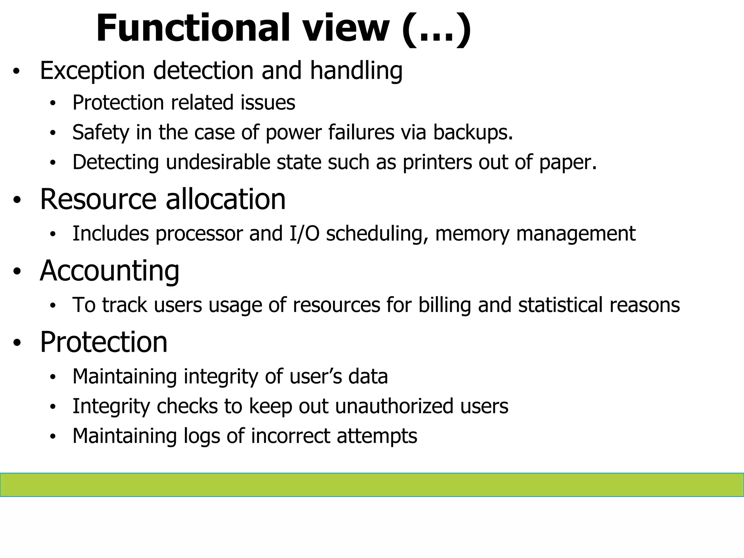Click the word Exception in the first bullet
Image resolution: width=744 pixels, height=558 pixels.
(92, 70)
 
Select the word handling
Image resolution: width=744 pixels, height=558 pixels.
(356, 70)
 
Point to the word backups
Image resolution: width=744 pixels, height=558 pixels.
(473, 132)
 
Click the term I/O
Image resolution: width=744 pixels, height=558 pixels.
(304, 233)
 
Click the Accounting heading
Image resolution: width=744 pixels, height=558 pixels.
(109, 271)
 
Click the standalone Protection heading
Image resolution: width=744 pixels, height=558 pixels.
(104, 342)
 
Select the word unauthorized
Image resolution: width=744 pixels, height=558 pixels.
(394, 406)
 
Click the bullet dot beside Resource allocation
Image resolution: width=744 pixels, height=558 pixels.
(17, 200)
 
